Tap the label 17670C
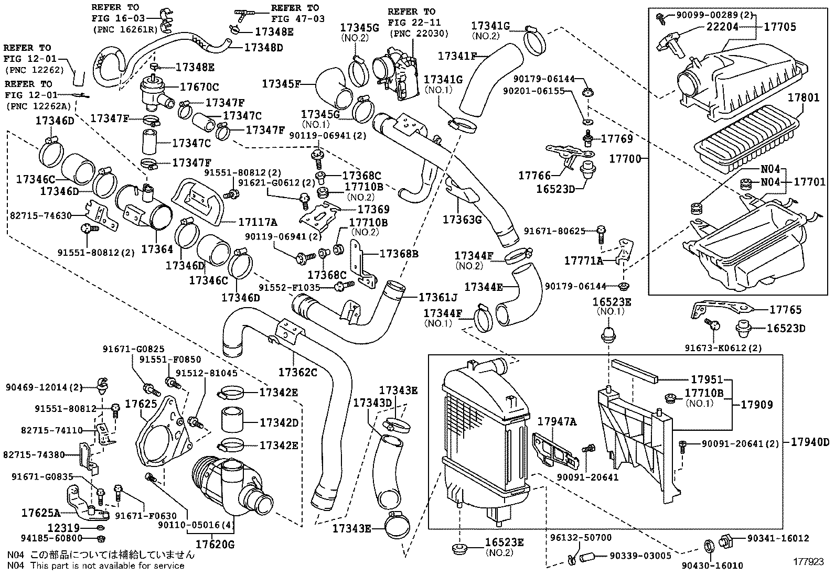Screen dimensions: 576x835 [199, 87]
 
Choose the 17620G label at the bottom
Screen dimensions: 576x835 [216, 544]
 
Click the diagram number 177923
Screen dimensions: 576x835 [808, 561]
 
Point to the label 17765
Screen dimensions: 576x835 [785, 310]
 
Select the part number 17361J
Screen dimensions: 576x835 [438, 298]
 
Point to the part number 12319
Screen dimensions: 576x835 [63, 528]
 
